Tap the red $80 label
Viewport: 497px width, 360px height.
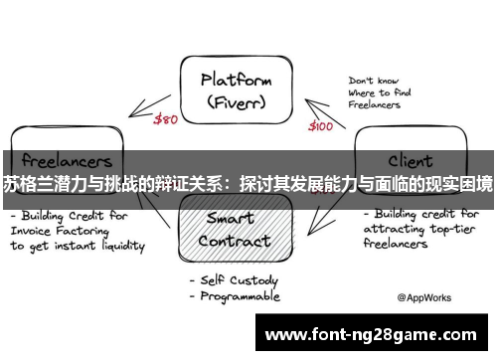tap(166, 119)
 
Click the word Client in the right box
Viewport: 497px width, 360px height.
tap(409, 159)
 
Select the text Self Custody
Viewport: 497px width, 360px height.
tap(240, 280)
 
